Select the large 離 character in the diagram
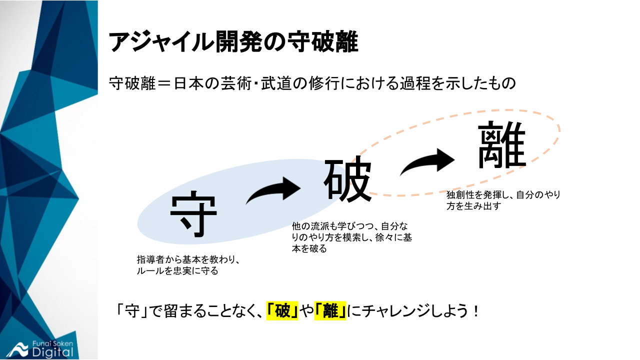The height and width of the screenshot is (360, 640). pyautogui.click(x=502, y=145)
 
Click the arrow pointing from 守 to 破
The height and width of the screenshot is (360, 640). pyautogui.click(x=274, y=191)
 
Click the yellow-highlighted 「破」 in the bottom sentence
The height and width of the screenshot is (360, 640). pyautogui.click(x=282, y=311)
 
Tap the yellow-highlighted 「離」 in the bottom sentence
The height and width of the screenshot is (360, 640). pyautogui.click(x=330, y=311)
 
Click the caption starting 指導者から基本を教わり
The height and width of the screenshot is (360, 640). pyautogui.click(x=189, y=265)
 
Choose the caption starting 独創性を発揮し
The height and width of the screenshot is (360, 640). pyautogui.click(x=503, y=200)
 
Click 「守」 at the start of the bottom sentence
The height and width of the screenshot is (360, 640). pyautogui.click(x=127, y=311)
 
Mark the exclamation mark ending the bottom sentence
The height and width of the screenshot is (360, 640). pyautogui.click(x=475, y=311)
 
